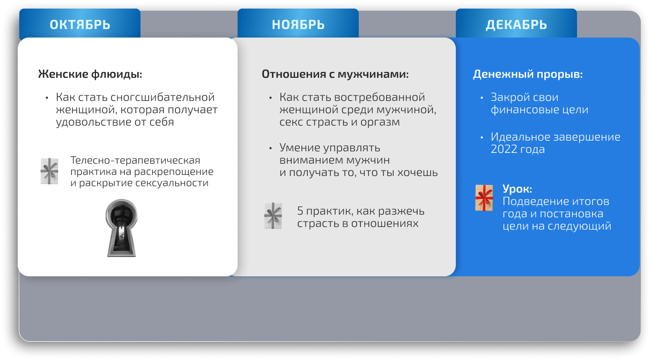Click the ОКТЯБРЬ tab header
click(80, 24)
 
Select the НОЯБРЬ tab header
click(298, 24)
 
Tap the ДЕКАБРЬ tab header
click(516, 24)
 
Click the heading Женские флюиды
click(90, 74)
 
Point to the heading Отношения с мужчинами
click(335, 74)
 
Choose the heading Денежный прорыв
click(528, 74)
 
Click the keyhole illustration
click(122, 228)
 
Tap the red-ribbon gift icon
click(484, 198)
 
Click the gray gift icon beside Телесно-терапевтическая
click(49, 171)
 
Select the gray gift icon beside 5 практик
click(273, 216)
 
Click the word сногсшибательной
click(163, 98)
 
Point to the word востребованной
click(380, 98)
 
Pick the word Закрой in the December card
click(509, 98)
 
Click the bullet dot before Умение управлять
click(270, 148)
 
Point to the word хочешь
click(418, 173)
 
